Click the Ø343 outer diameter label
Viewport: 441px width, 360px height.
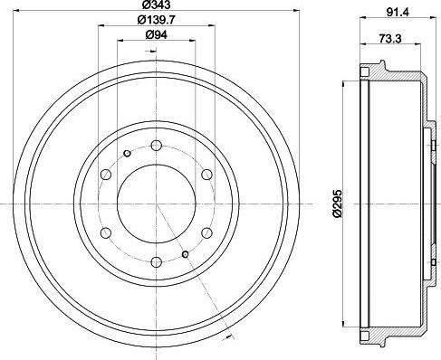156,8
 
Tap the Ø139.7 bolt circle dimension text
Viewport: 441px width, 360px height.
156,22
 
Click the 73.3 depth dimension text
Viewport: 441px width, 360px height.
392,41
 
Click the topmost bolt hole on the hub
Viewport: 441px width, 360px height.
157,146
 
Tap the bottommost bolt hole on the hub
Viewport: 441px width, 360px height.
157,262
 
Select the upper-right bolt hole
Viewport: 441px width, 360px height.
206,175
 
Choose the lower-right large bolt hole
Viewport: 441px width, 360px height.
206,233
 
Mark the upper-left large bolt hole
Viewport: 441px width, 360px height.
106,175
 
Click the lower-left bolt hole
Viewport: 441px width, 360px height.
106,233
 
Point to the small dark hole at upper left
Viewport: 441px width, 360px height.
128,154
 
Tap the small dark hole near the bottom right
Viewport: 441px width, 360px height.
186,255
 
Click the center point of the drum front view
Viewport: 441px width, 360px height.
157,204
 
